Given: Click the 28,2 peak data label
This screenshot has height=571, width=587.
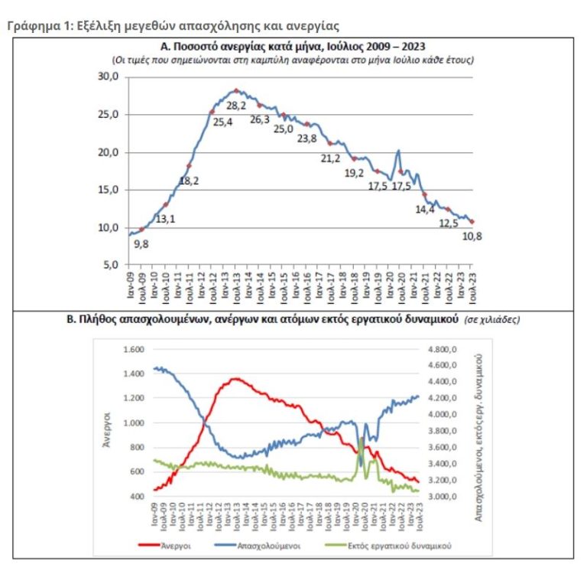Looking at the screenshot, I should pyautogui.click(x=238, y=104).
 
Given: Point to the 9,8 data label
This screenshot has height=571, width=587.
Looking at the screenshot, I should pyautogui.click(x=141, y=244).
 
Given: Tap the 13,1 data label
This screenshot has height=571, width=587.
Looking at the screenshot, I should pyautogui.click(x=166, y=219).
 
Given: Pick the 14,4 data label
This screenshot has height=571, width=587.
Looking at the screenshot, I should pyautogui.click(x=423, y=209).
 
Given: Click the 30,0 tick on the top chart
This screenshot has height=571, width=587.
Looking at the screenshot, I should pyautogui.click(x=109, y=77).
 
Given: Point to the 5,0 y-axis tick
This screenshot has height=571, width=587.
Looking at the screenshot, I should pyautogui.click(x=111, y=265).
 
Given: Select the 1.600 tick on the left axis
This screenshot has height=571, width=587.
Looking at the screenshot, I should pyautogui.click(x=132, y=349).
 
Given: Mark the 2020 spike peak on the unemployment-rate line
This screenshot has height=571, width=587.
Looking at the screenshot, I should pyautogui.click(x=398, y=151).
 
